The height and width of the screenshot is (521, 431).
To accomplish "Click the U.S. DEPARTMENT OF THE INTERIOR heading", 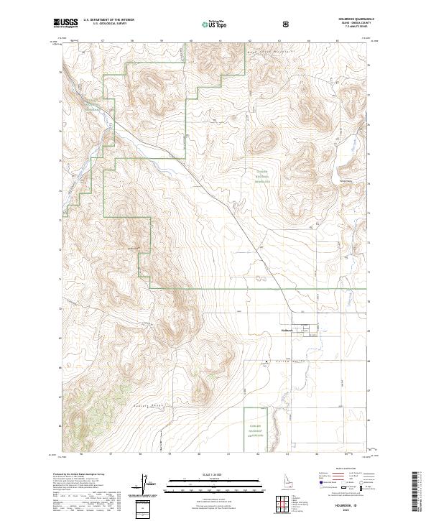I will point(107,20).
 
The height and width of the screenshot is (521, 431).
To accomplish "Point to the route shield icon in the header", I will point(287,24).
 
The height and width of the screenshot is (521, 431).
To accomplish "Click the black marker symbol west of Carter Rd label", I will point(267,361).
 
